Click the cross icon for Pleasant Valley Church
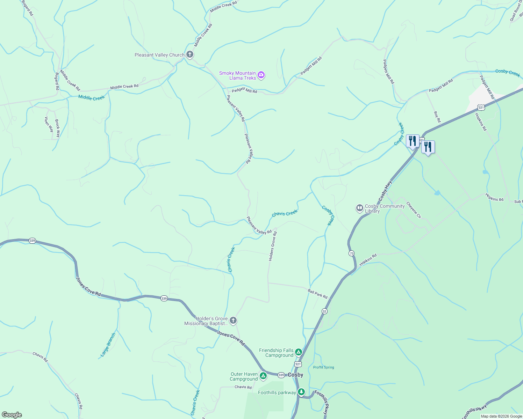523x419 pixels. coord(189,54)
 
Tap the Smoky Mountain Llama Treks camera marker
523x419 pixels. coord(261,75)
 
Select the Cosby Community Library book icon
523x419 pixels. coord(359,208)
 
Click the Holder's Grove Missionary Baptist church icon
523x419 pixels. coord(233,321)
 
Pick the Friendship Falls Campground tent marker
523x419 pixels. coord(298,352)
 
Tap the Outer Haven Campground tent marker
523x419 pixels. coord(263,376)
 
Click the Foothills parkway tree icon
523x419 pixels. coord(301,392)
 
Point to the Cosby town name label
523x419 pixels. coord(295,375)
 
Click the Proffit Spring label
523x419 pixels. coord(323,367)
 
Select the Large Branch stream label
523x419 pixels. coord(108,345)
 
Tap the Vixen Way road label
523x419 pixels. coord(49,125)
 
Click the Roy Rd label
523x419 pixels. coord(437,117)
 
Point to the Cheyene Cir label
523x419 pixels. coord(414,210)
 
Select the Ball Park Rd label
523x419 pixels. coord(317,294)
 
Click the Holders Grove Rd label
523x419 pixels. coord(273,246)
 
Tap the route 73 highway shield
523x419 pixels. coord(351,253)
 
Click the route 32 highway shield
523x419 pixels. coord(324,311)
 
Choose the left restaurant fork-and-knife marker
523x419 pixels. coord(413,141)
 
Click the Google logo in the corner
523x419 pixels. coord(12,415)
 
